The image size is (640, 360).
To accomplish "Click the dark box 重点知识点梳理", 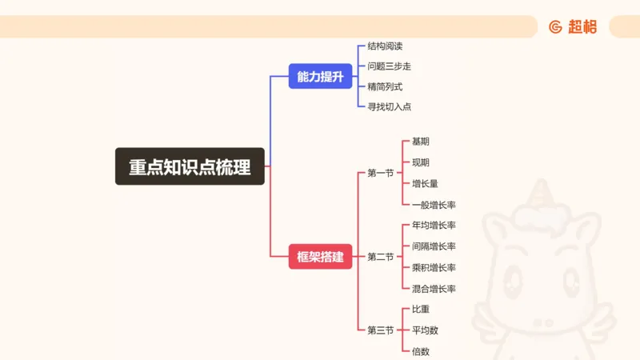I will click(x=190, y=166).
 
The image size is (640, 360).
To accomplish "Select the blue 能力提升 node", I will click(x=320, y=76).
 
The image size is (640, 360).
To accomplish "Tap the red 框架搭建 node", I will click(x=320, y=257).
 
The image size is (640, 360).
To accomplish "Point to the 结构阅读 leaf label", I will click(x=385, y=46).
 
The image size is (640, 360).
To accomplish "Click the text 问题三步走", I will click(x=389, y=66).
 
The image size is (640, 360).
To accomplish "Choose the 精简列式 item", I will click(x=385, y=86).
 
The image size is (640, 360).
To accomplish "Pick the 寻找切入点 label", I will click(x=389, y=106).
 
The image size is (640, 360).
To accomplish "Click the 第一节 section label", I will click(x=380, y=173).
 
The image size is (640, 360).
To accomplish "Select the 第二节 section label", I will click(x=380, y=257).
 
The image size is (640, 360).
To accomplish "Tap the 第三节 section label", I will click(x=380, y=330).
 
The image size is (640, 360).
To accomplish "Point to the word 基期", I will click(x=421, y=142).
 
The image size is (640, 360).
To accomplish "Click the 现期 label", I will click(x=421, y=162).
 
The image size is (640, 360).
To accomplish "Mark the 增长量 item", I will click(x=425, y=183).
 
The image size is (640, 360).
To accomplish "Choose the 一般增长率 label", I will click(x=434, y=205).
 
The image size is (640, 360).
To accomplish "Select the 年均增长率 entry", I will click(x=434, y=225).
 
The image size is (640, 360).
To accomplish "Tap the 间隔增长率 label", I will click(x=434, y=246).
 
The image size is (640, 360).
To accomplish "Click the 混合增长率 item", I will click(x=434, y=288).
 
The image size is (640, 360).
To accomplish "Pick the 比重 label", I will click(x=421, y=309).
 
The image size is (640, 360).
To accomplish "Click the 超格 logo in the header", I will click(x=573, y=26).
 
